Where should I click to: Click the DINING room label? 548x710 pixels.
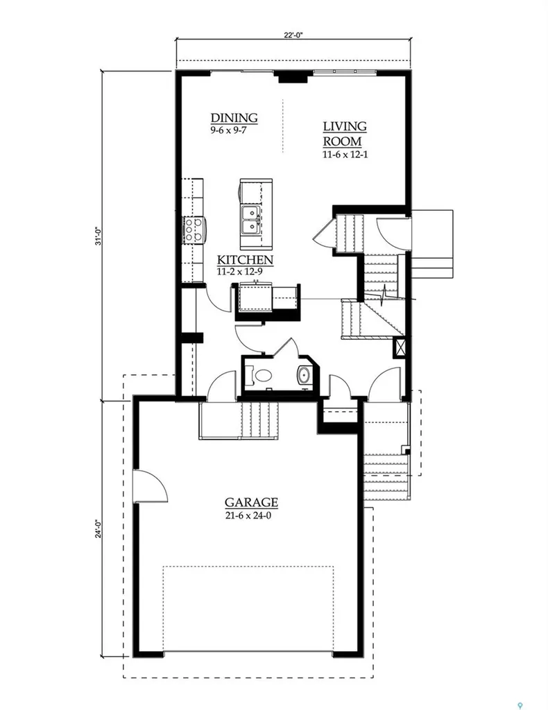[234, 118]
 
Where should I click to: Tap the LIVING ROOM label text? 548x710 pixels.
[345, 134]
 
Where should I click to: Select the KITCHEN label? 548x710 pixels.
[245, 260]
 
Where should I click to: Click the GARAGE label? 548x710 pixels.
[251, 502]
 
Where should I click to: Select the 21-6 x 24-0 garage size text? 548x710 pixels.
[248, 515]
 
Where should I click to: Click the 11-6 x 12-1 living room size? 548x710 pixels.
[345, 155]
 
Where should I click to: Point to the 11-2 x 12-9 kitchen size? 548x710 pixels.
[239, 272]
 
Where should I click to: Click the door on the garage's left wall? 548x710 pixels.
[151, 485]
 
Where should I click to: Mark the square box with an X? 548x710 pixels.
[400, 347]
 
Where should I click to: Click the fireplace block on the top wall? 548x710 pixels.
[293, 78]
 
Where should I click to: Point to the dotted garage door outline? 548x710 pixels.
[248, 566]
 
